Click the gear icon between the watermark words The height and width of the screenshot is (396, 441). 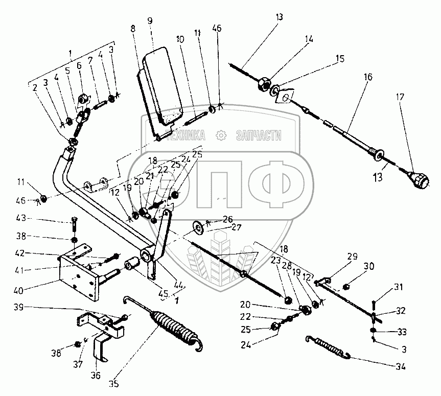(221, 135)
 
